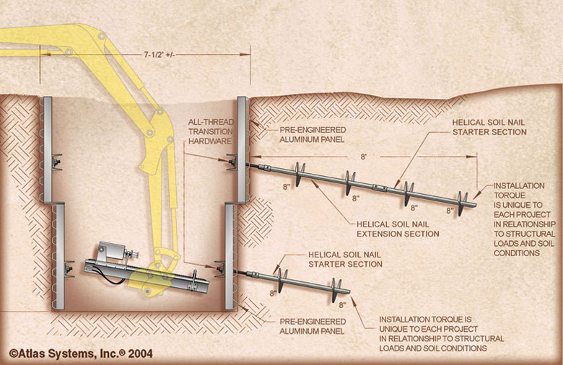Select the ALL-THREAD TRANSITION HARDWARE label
209,132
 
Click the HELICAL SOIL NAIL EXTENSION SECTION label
398,228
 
